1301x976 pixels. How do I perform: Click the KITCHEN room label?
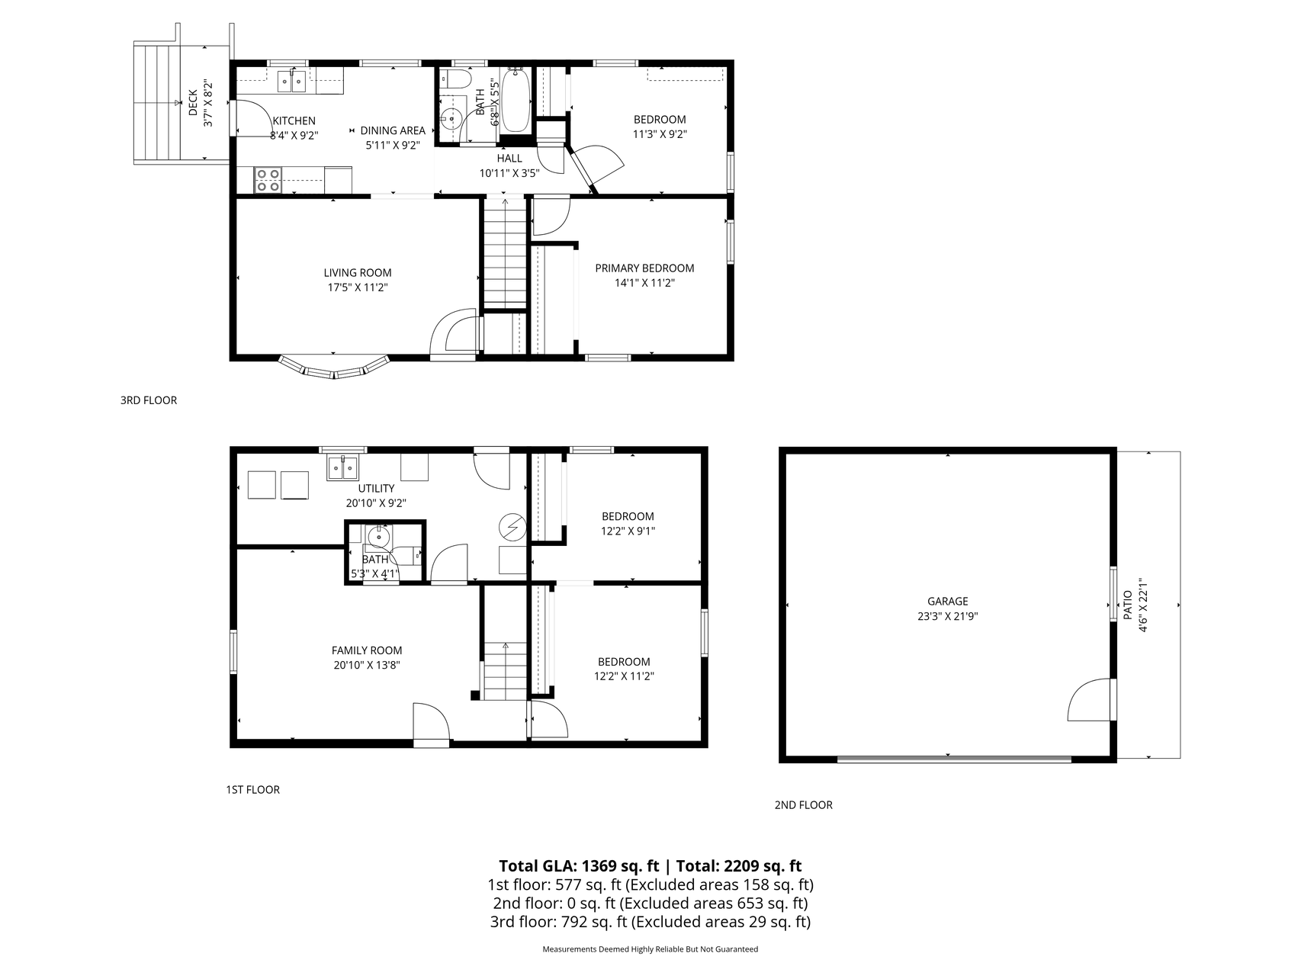pos(294,120)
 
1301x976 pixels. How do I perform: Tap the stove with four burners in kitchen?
pos(268,180)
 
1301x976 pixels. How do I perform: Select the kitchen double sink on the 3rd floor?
pos(291,79)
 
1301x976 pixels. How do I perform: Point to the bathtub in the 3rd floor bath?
pos(516,101)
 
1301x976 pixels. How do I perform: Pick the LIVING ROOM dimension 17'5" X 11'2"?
pos(358,287)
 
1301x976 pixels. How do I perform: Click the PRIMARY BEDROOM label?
pos(644,268)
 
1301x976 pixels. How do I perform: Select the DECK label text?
pos(193,103)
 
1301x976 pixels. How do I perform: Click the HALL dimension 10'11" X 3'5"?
pos(509,173)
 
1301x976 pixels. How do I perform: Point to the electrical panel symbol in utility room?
pos(512,526)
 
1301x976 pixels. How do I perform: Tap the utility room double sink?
pos(342,467)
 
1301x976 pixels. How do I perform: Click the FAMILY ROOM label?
pos(367,650)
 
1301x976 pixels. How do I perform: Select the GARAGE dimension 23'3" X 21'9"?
pos(947,616)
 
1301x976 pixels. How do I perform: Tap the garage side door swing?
pos(1088,701)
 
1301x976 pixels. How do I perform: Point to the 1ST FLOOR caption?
pos(252,789)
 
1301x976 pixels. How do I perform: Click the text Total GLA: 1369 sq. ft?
pos(578,865)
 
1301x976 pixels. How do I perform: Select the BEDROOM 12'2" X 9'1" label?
pos(628,524)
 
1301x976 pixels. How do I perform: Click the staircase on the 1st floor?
pos(504,671)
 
